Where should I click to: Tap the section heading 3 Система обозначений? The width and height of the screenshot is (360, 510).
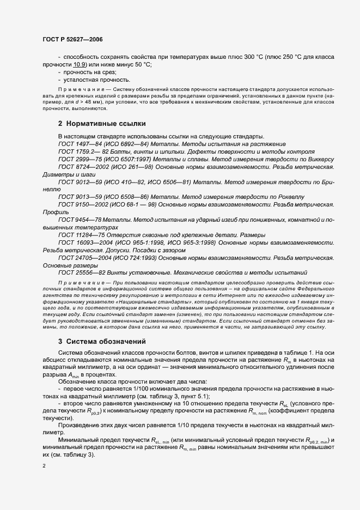pyautogui.click(x=101, y=342)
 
